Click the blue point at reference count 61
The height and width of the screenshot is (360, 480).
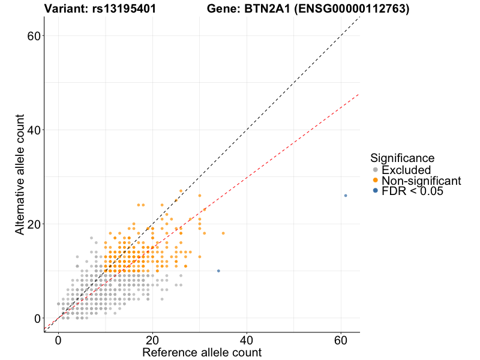[346, 196]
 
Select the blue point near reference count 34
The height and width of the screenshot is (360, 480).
[218, 271]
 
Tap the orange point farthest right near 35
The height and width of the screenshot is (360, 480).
[223, 233]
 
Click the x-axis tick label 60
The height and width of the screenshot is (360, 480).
[341, 340]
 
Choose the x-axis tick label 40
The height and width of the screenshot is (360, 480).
[247, 340]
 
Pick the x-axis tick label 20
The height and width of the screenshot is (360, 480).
[152, 340]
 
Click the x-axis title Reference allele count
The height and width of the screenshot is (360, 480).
[202, 352]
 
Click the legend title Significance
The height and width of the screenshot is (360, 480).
[402, 158]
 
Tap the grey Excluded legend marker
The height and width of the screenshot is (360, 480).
[376, 170]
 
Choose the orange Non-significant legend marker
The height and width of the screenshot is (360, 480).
[376, 181]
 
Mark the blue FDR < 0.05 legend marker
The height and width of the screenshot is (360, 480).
[376, 191]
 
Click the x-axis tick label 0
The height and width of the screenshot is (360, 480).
[58, 340]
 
